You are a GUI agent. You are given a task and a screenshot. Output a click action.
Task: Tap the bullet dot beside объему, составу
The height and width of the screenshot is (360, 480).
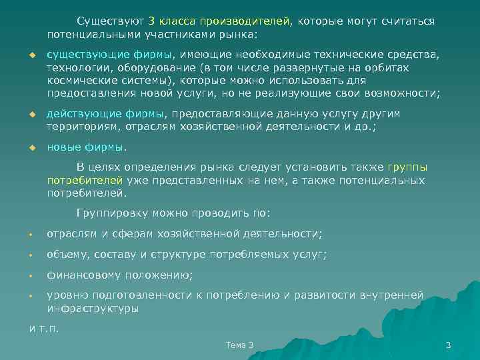31,255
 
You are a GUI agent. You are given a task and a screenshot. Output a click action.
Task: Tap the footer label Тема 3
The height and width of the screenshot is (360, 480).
239,345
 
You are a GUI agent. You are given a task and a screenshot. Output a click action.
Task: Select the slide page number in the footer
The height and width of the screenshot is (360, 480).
448,345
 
